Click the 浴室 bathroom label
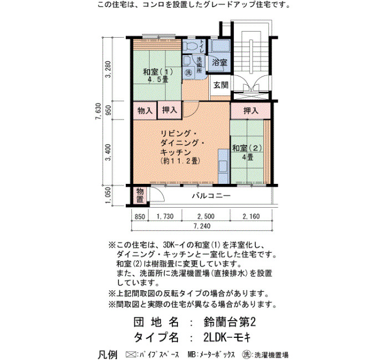219,62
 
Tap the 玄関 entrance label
221,85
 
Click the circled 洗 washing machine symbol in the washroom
189,73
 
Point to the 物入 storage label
145,110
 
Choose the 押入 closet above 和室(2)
251,111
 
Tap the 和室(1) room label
158,72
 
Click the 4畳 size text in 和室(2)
247,157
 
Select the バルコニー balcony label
212,196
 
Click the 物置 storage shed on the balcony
140,195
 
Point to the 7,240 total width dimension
202,226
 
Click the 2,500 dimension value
206,217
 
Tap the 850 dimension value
140,217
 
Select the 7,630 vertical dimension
98,111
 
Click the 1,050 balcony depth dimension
109,196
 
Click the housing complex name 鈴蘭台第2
229,322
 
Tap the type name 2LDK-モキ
227,337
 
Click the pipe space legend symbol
131,354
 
